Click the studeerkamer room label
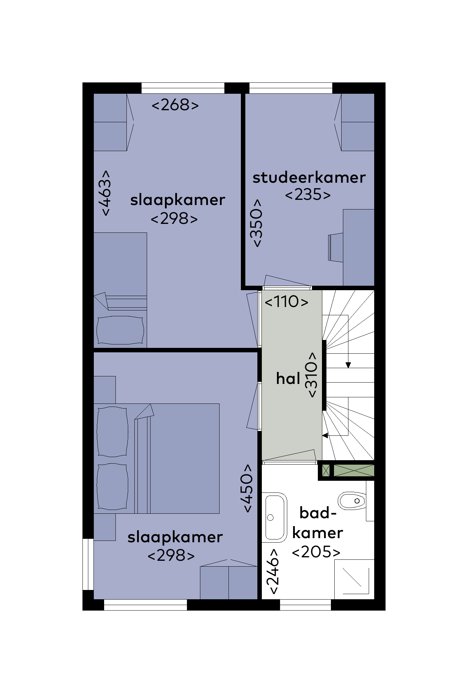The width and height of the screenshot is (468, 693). point(309,178)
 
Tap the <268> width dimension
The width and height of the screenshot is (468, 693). point(175,105)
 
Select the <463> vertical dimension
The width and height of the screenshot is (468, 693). point(106,193)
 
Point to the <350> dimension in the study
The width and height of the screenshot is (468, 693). point(257,223)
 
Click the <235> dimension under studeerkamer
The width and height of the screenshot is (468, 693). point(308,195)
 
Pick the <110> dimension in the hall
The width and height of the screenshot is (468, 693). point(287,302)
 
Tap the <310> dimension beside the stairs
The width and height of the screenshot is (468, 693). point(312,375)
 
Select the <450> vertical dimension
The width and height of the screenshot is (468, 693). point(247,489)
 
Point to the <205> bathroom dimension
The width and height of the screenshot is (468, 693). point(316,552)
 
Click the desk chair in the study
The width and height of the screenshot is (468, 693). point(336,247)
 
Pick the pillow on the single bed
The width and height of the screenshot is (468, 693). point(120,330)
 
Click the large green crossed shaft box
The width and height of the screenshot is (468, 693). point(354,470)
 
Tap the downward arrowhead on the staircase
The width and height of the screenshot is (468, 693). point(348,365)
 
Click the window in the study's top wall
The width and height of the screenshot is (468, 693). point(291,88)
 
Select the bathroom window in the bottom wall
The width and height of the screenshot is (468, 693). point(305,605)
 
